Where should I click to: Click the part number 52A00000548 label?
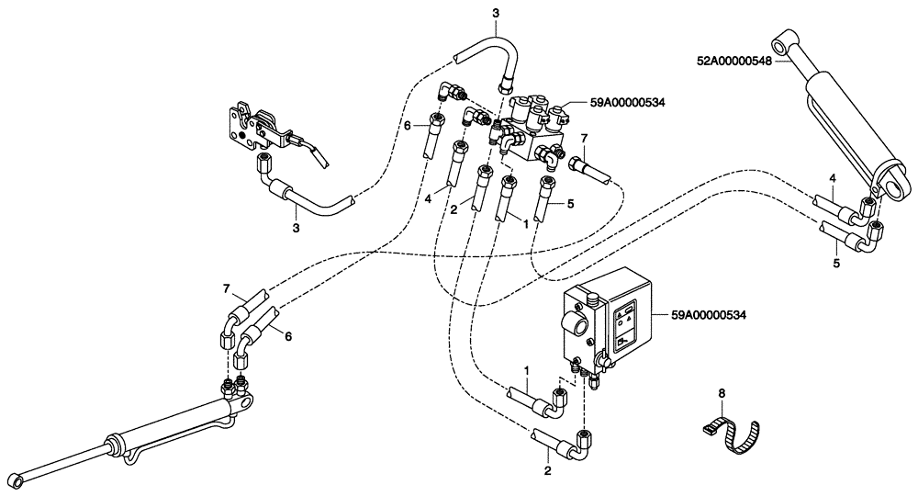click(734, 62)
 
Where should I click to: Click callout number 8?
click(721, 393)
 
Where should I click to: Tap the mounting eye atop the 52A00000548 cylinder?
click(781, 42)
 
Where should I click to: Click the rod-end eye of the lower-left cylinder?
click(17, 480)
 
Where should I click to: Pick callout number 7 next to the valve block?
click(583, 139)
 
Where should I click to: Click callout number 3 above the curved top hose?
click(496, 12)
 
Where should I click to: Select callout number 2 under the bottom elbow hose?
click(548, 472)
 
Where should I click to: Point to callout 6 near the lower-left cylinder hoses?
click(287, 337)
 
